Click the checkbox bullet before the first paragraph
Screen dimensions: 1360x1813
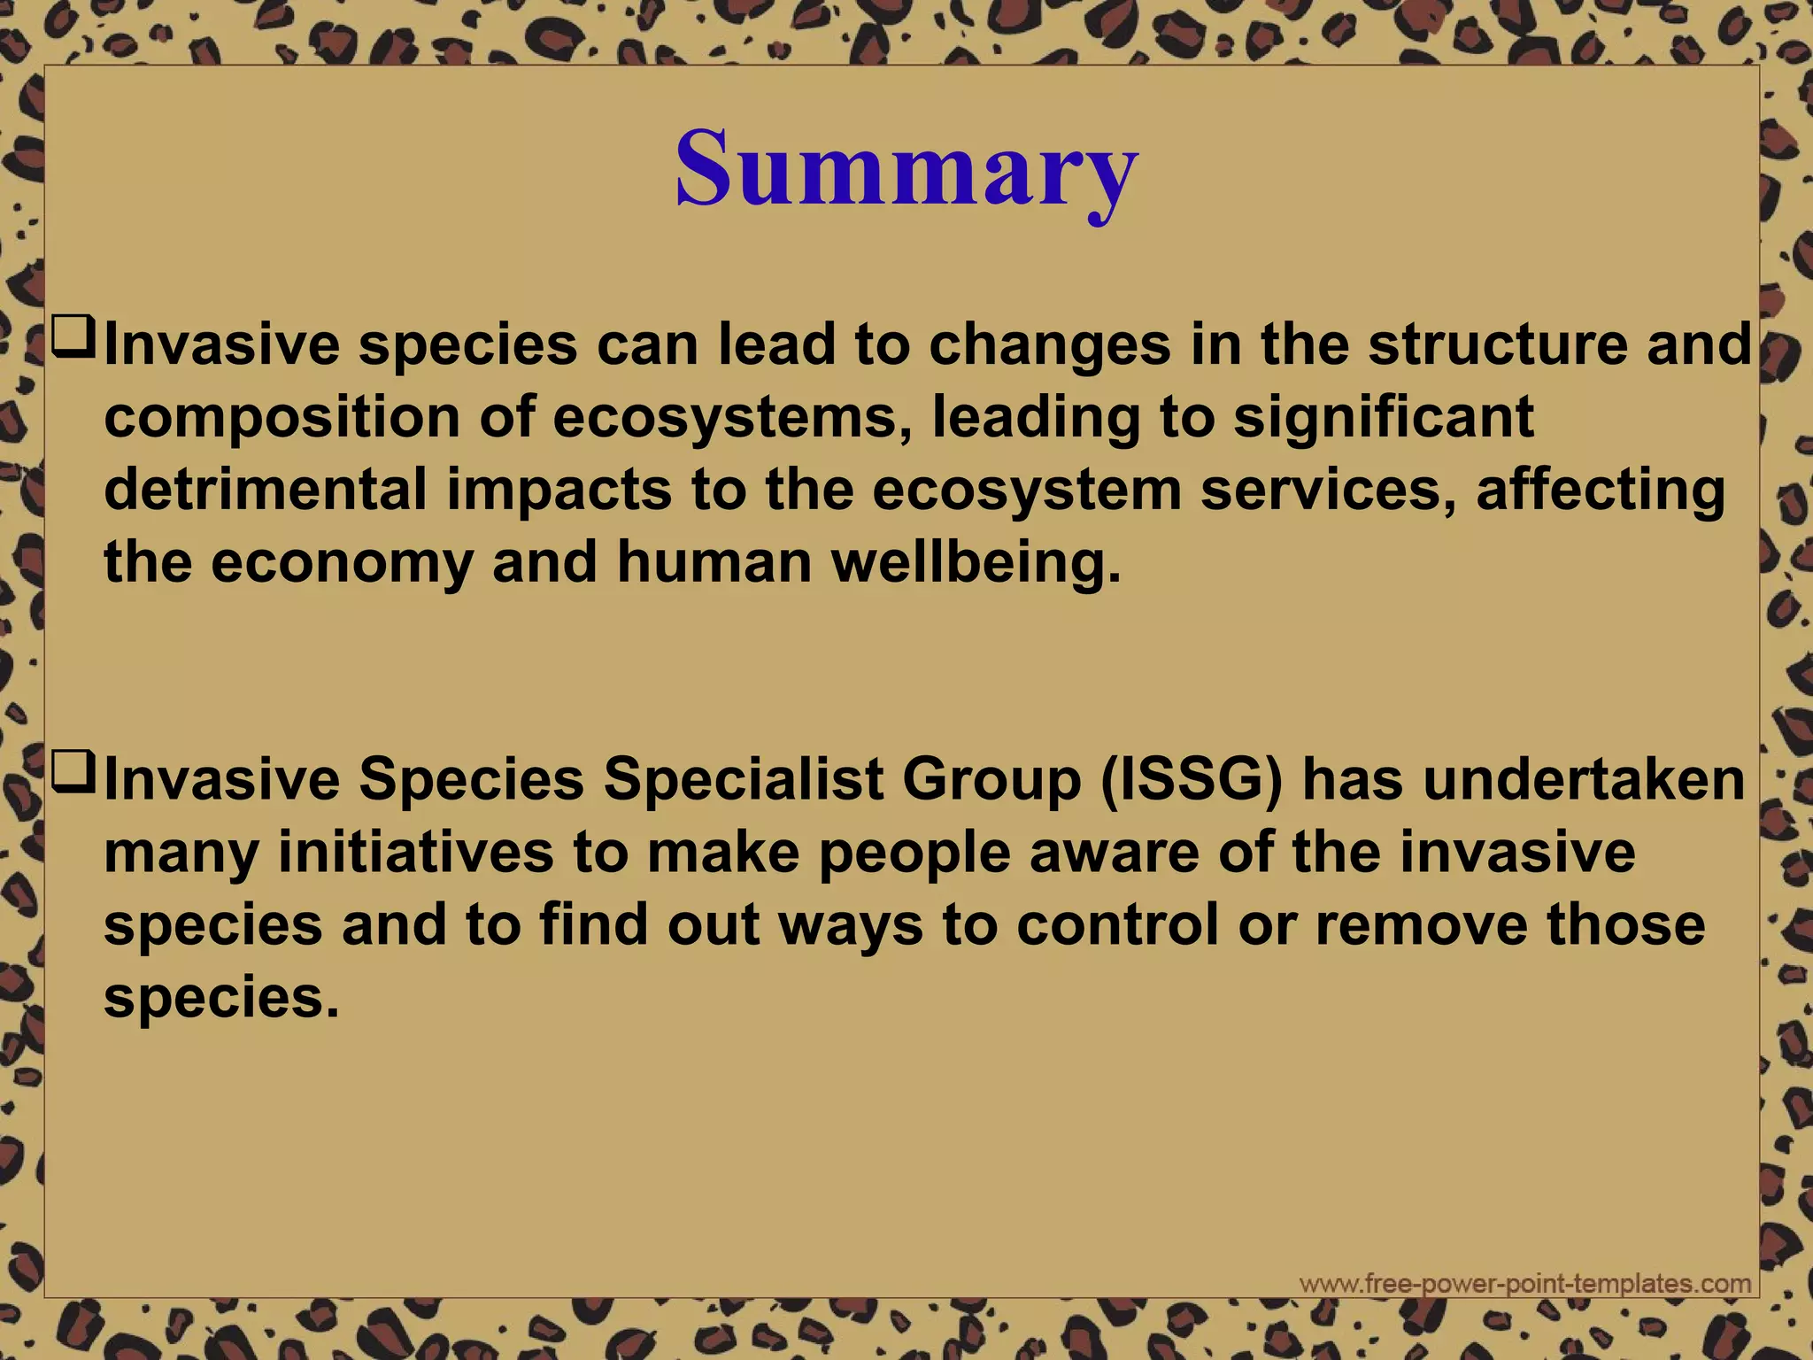pos(73,338)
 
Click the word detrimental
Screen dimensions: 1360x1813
pos(266,490)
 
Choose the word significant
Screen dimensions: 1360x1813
pos(1383,418)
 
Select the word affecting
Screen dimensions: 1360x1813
pos(1601,491)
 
